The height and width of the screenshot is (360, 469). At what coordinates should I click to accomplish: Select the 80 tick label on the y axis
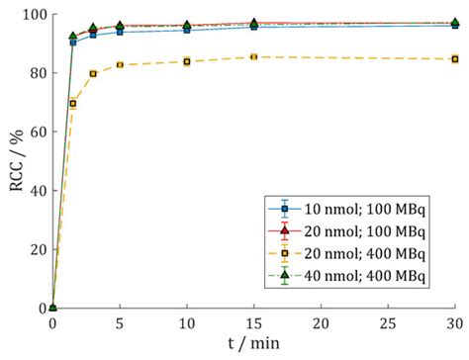coord(37,73)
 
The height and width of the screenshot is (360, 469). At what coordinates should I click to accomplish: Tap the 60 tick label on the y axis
coord(37,132)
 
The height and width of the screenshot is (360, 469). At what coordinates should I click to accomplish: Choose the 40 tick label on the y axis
coord(37,191)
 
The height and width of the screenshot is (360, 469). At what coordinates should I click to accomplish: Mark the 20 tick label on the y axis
coord(37,249)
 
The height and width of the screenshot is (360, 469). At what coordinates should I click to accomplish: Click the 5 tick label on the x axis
coord(120,322)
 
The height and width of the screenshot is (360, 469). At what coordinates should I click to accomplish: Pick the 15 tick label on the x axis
coord(253,322)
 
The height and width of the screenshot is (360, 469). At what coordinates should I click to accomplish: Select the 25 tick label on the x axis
coord(388,322)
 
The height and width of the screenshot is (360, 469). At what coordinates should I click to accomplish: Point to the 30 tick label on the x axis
coord(454,322)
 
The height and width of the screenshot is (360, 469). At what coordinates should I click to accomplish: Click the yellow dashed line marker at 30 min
coord(455,59)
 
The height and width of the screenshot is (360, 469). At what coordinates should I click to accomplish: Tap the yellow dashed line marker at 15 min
coord(254,56)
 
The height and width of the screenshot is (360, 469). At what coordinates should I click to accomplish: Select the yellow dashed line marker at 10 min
coord(187,61)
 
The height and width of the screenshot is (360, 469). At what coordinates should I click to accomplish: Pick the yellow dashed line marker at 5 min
coord(120,65)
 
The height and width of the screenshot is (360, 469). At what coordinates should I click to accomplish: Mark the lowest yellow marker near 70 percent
coord(73,103)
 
